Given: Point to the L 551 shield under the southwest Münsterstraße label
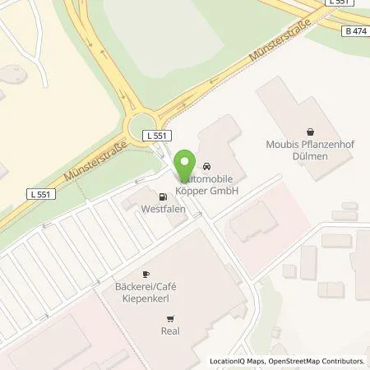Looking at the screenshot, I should pyautogui.click(x=39, y=195).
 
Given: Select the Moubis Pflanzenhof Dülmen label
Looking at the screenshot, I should pyautogui.click(x=310, y=150).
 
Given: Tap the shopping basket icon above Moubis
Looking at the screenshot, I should pyautogui.click(x=310, y=132).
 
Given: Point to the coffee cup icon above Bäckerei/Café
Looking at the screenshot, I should pyautogui.click(x=146, y=274).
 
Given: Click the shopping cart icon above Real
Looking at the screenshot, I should pyautogui.click(x=170, y=318).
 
